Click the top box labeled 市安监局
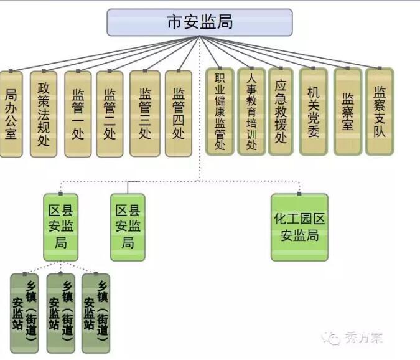coord(199,22)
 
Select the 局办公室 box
coord(11,113)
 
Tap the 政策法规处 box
coord(44,113)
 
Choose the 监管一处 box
coord(78,113)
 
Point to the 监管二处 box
coord(110,113)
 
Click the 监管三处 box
coord(145,113)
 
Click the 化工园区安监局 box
coord(299,227)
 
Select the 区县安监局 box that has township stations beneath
coord(60,227)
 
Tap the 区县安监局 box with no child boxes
coord(128,227)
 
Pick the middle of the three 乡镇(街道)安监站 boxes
coord(60,313)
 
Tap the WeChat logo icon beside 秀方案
coord(332,338)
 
